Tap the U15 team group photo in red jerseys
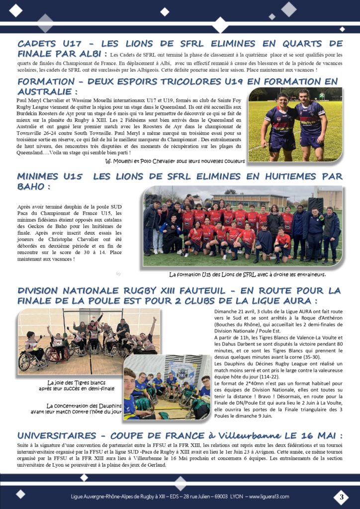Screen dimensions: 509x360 [242, 227]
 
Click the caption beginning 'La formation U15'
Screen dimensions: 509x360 [247, 274]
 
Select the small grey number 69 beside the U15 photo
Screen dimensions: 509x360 [118, 273]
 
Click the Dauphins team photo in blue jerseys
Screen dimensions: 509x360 [168, 388]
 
